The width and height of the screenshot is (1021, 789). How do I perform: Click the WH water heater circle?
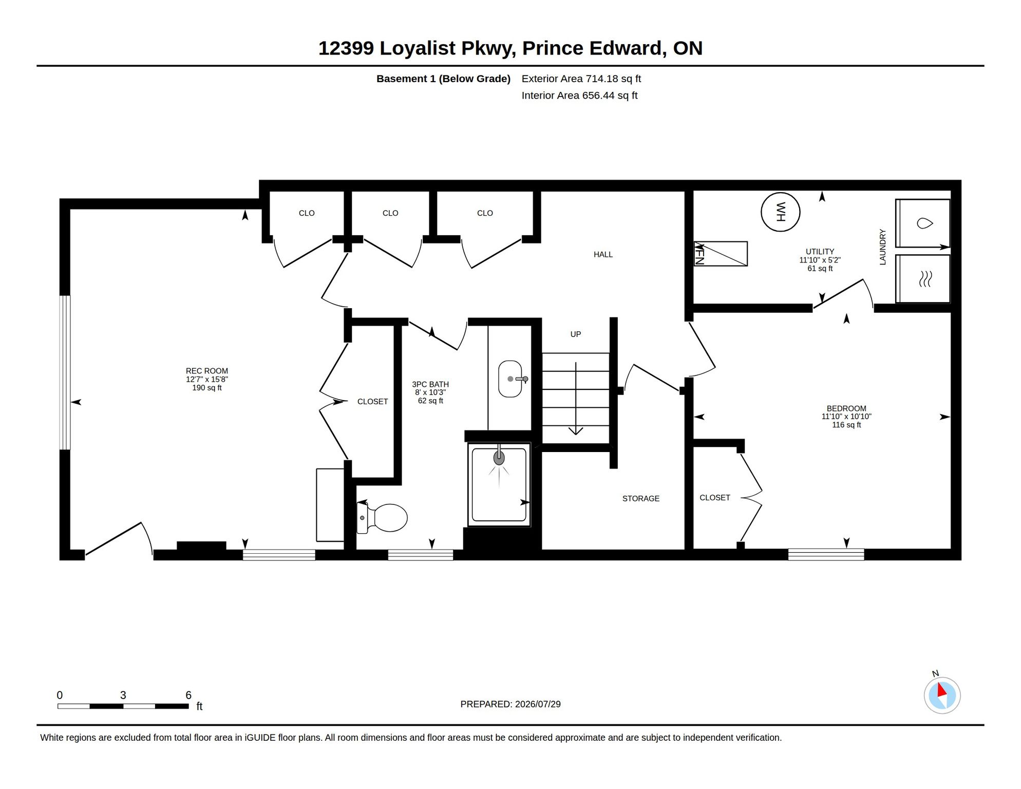780,212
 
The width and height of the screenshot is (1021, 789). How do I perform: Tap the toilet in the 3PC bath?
383,517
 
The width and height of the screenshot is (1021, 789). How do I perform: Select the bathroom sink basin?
510,379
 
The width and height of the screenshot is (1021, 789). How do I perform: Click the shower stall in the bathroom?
499,485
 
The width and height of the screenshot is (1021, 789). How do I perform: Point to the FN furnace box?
721,254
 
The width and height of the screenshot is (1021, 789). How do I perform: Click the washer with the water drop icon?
923,223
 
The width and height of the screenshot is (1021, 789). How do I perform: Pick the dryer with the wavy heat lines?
923,279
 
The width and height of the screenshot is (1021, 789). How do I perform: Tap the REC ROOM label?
207,371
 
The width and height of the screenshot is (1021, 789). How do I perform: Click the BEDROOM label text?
846,408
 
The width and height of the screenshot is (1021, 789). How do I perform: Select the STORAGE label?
641,498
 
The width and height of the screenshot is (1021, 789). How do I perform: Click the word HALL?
603,254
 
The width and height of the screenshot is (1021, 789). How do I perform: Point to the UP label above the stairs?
576,334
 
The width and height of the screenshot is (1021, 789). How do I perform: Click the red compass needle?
942,690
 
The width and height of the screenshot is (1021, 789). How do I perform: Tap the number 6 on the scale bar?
188,695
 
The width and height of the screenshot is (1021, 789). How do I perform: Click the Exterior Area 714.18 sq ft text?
581,79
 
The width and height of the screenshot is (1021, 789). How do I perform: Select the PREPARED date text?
510,704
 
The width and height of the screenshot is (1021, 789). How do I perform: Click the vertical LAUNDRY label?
883,247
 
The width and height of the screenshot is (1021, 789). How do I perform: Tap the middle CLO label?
390,213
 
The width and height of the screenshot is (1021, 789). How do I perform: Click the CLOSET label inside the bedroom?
715,498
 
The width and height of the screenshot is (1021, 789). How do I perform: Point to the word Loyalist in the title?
418,48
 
